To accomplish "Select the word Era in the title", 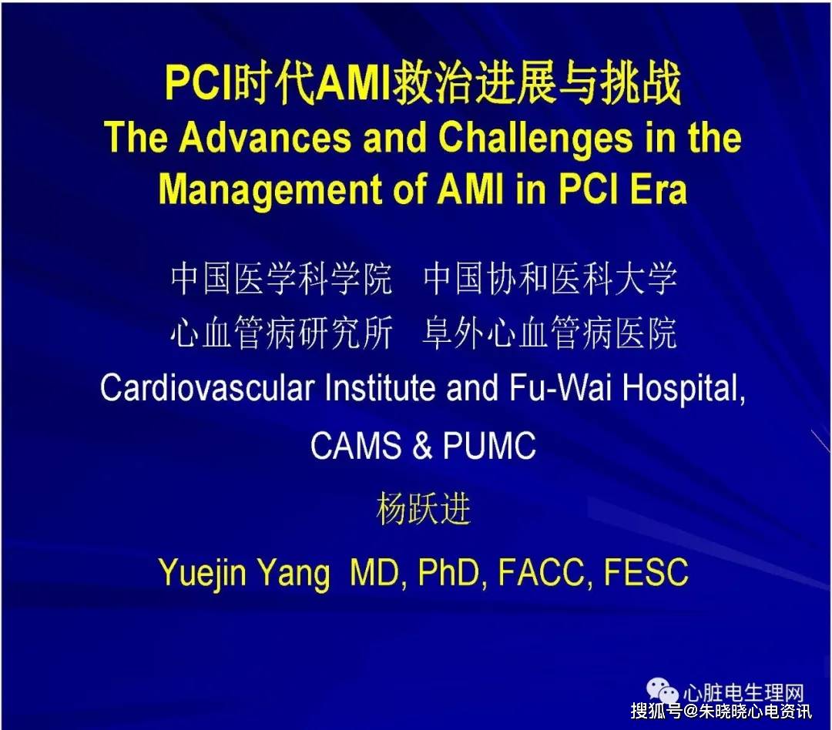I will tap(656, 189).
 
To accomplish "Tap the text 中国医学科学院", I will tap(282, 280).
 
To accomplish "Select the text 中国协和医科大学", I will tap(550, 280).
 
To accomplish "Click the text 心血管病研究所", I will tap(282, 333).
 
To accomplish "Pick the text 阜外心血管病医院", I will tap(550, 333).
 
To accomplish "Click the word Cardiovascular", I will tap(208, 389).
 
